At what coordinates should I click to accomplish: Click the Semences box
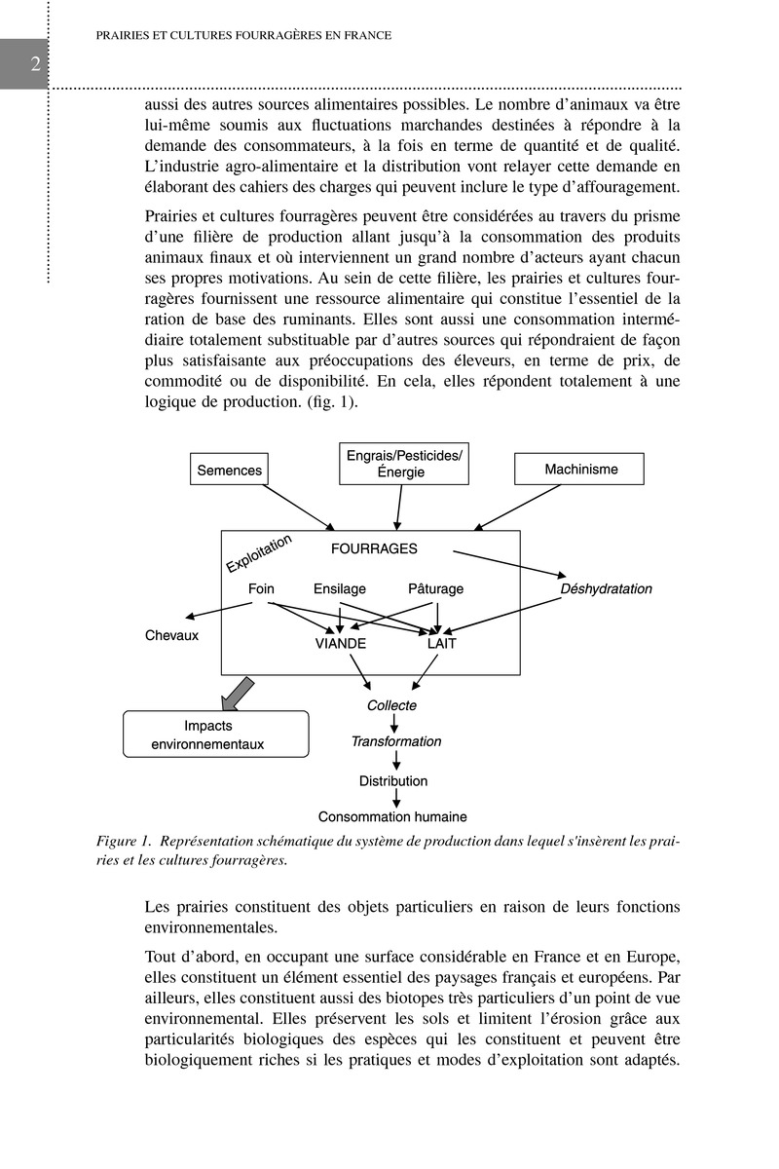230,470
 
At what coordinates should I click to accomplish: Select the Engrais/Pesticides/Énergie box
404,464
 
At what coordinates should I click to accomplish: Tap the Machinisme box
579,470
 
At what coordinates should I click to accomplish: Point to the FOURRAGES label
374,548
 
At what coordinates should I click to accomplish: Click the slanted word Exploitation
259,552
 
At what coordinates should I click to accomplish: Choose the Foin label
261,588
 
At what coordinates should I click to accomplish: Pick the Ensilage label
340,588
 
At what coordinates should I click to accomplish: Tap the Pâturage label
435,588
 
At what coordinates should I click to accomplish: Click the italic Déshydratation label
606,588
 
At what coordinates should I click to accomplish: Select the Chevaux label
171,635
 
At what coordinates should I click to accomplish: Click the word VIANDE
341,644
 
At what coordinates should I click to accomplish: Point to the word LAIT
442,644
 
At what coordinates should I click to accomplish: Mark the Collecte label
392,705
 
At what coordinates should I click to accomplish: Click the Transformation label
395,741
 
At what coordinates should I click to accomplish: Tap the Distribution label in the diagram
393,780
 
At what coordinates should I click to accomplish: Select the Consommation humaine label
392,816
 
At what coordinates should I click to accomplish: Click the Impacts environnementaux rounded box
215,735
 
